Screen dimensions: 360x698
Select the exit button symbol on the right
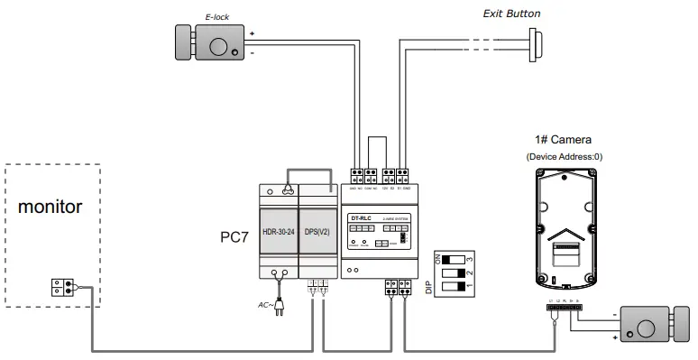click(x=536, y=42)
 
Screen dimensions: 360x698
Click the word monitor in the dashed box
click(x=51, y=207)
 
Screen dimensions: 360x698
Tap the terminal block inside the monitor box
click(x=62, y=287)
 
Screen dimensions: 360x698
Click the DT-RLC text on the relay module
click(x=361, y=217)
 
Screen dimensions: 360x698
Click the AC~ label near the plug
click(x=264, y=307)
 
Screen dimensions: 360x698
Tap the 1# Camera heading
click(x=564, y=140)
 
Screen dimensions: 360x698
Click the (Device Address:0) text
click(x=564, y=156)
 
